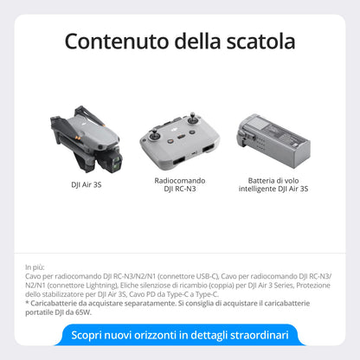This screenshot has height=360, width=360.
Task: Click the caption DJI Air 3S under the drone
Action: coord(86,184)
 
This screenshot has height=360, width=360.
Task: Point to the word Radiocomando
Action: coord(179,180)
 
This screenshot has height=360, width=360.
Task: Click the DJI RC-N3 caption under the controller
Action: coord(179,189)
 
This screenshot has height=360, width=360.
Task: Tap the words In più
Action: coord(35,267)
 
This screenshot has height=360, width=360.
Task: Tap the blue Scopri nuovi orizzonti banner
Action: coord(179,335)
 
